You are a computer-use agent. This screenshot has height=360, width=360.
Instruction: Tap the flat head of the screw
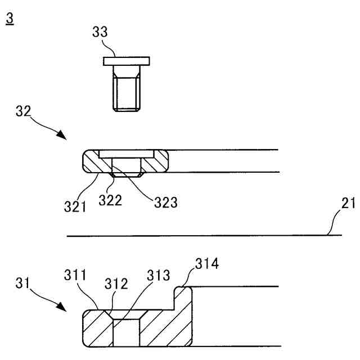tap(126, 60)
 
